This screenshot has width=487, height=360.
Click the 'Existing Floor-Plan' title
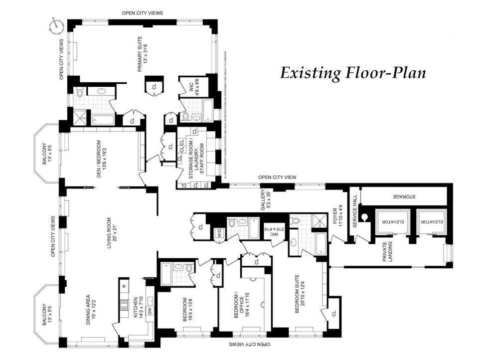pos(353,73)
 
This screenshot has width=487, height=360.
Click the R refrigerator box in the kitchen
pos(123,286)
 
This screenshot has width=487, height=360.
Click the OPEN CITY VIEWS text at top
pos(143,12)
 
